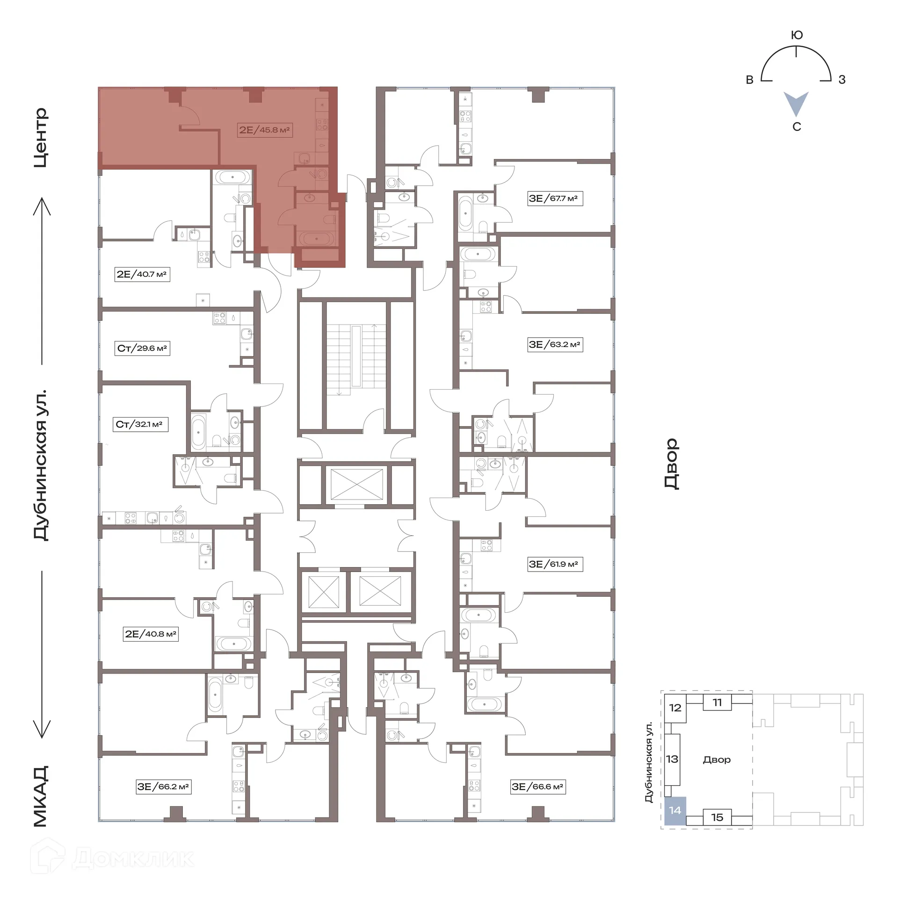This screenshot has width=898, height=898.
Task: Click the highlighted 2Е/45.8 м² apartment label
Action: pos(265,130)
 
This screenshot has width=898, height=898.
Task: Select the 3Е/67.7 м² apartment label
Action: pos(555,198)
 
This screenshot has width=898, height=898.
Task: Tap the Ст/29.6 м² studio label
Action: pos(142,348)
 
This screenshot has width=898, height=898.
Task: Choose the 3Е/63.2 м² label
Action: pos(555,345)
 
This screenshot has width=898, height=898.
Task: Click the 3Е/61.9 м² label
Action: pos(555,564)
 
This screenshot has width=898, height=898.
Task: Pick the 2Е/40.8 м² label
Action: pos(151,634)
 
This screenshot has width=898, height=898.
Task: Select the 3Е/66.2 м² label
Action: pos(163,787)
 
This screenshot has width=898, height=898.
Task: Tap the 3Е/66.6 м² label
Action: pos(538,787)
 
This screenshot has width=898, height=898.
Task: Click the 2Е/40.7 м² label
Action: pos(142,274)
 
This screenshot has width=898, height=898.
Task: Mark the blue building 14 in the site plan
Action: pos(675,811)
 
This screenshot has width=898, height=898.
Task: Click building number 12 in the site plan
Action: pos(675,708)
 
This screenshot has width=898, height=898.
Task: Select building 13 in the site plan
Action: pos(672,759)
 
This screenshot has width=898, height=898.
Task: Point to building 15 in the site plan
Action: pos(717,817)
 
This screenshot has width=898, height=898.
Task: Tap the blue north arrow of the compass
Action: pos(796,104)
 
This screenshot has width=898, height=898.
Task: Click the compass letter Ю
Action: pos(797,35)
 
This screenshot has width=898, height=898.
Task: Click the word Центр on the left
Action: pos(41,138)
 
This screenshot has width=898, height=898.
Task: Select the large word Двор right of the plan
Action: pos(672,463)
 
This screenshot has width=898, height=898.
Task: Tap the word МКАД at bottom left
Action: pos(41,796)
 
